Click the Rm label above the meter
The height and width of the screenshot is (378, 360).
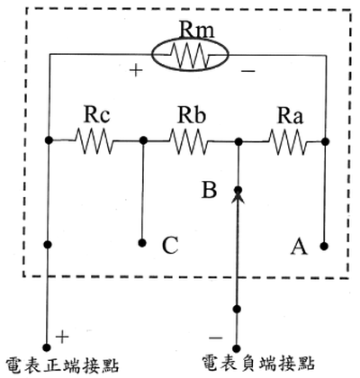pyautogui.click(x=196, y=30)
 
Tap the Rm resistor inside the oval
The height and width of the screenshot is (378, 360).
pyautogui.click(x=191, y=56)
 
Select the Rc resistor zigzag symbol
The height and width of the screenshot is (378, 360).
pyautogui.click(x=94, y=140)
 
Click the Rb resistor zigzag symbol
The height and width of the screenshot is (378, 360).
pyautogui.click(x=189, y=141)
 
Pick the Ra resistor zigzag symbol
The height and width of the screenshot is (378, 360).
pyautogui.click(x=288, y=141)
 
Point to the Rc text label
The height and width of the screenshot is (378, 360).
pyautogui.click(x=96, y=114)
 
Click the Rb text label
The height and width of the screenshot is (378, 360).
pyautogui.click(x=192, y=115)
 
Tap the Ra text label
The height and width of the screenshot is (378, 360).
pyautogui.click(x=290, y=116)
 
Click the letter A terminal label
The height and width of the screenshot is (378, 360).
pyautogui.click(x=299, y=247)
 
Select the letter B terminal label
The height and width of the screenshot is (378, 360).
pyautogui.click(x=209, y=190)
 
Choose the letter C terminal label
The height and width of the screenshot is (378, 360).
pyautogui.click(x=170, y=246)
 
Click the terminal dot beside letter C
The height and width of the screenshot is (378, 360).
pyautogui.click(x=143, y=243)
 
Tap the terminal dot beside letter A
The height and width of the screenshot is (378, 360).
pyautogui.click(x=324, y=247)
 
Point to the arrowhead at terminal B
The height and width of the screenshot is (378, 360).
pyautogui.click(x=238, y=197)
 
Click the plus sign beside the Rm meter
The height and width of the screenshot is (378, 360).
pyautogui.click(x=136, y=71)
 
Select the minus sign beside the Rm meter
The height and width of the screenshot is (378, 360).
pyautogui.click(x=248, y=71)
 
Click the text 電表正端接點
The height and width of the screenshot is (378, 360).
pyautogui.click(x=62, y=364)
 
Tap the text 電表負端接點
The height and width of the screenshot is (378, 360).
pyautogui.click(x=258, y=364)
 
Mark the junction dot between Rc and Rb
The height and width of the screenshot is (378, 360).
pyautogui.click(x=144, y=140)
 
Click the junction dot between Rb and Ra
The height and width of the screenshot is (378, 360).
pyautogui.click(x=238, y=141)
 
